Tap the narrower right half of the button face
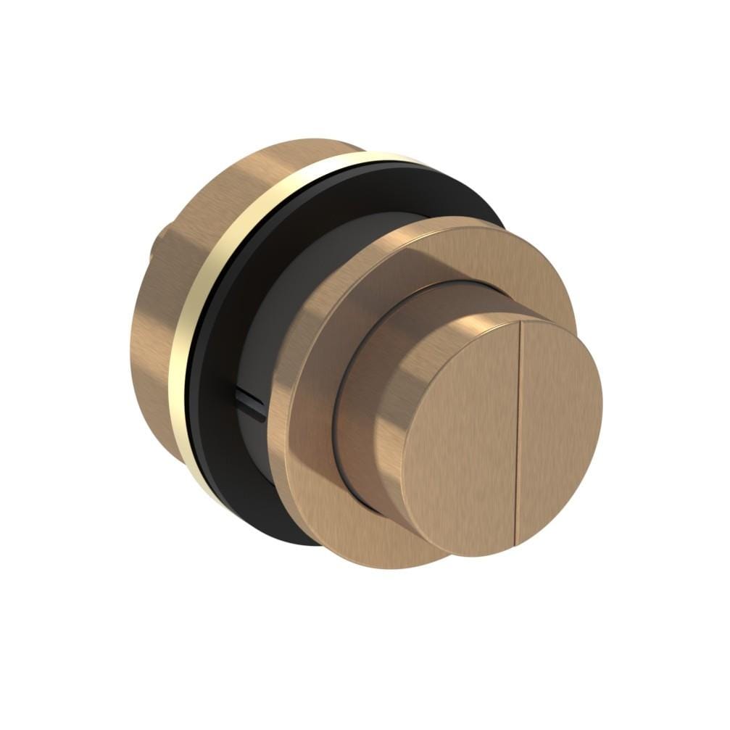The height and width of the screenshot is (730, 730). pos(558,428)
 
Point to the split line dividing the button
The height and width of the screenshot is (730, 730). pos(517,435)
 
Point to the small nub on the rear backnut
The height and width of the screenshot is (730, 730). pos(154,250)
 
